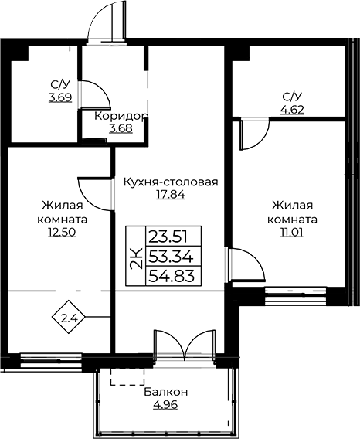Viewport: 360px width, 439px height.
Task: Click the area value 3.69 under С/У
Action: [x=60, y=97]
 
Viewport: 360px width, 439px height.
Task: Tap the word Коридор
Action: [x=121, y=116]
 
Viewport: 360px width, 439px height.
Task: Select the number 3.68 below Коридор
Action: [x=121, y=128]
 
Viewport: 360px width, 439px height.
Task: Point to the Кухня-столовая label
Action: [x=171, y=182]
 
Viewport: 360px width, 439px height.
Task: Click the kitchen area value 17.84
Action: [x=171, y=194]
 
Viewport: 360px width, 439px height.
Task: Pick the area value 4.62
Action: [x=292, y=110]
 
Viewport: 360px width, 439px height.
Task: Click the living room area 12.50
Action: [x=62, y=232]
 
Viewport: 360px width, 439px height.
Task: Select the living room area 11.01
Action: [x=292, y=232]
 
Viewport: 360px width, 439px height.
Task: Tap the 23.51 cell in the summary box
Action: [x=174, y=236]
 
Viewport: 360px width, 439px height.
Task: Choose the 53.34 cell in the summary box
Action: [x=174, y=256]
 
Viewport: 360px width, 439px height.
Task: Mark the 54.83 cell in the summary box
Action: [x=174, y=276]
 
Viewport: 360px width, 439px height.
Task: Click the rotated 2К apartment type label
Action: [x=136, y=257]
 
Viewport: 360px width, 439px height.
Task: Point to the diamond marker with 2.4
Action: [x=69, y=317]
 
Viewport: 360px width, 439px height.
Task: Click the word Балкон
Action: [x=166, y=393]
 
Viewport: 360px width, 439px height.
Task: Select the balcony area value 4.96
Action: [x=165, y=404]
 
